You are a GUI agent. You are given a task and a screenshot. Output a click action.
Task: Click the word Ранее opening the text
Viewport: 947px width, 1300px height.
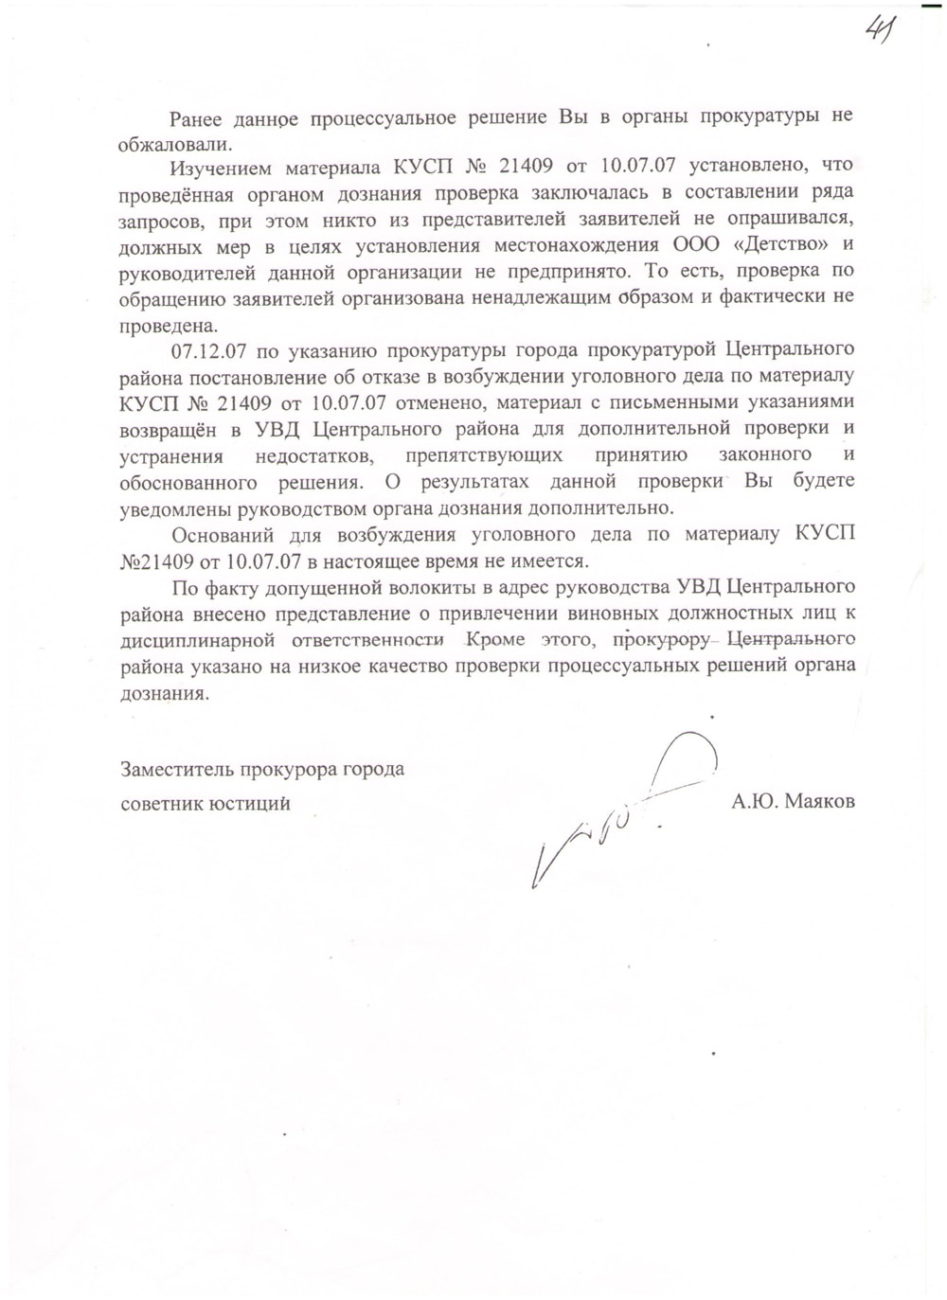198,118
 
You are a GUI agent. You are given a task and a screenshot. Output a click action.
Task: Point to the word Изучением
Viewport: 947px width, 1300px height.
221,168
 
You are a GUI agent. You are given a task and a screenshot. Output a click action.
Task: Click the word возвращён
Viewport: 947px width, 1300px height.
170,429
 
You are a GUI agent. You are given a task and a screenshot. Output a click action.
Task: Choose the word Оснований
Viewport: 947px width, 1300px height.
216,532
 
